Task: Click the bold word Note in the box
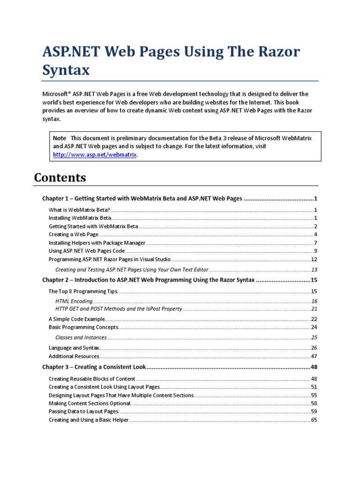pyautogui.click(x=60, y=138)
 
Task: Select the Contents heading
pyautogui.click(x=60, y=178)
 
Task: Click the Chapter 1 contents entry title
pyautogui.click(x=142, y=199)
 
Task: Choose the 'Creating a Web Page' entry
pyautogui.click(x=72, y=234)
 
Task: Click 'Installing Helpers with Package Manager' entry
pyautogui.click(x=97, y=243)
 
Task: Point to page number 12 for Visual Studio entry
pyautogui.click(x=314, y=259)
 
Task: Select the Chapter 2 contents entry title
pyautogui.click(x=148, y=280)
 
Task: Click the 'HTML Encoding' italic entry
pyautogui.click(x=74, y=301)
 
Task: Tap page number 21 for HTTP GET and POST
pyautogui.click(x=314, y=309)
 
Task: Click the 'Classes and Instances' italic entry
pyautogui.click(x=81, y=337)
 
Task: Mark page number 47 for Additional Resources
pyautogui.click(x=314, y=356)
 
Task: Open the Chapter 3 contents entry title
pyautogui.click(x=94, y=367)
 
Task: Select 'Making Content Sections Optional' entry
pyautogui.click(x=89, y=403)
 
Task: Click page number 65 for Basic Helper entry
pyautogui.click(x=314, y=420)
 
